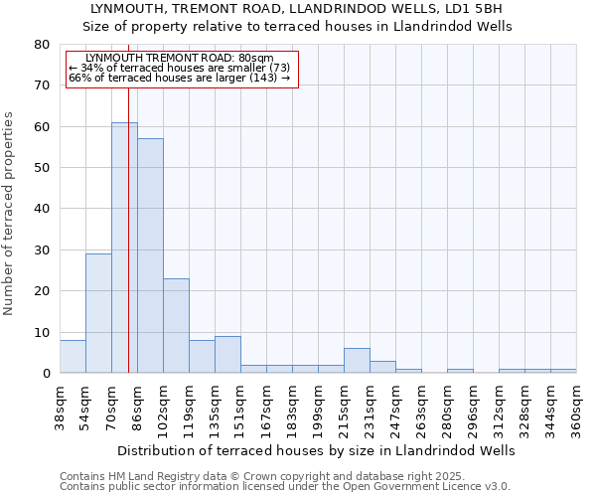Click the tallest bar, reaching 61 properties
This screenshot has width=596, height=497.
pos(124,248)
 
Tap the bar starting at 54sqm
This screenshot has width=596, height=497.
pos(98,313)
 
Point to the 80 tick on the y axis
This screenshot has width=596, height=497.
pos(42,45)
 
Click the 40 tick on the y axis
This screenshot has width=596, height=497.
pos(42,209)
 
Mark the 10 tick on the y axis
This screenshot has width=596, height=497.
pos(42,332)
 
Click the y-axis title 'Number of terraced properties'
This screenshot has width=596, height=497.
pos(10,214)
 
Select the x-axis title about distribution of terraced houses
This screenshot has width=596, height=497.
pos(317,450)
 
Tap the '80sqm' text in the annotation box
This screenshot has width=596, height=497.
pos(255,59)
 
